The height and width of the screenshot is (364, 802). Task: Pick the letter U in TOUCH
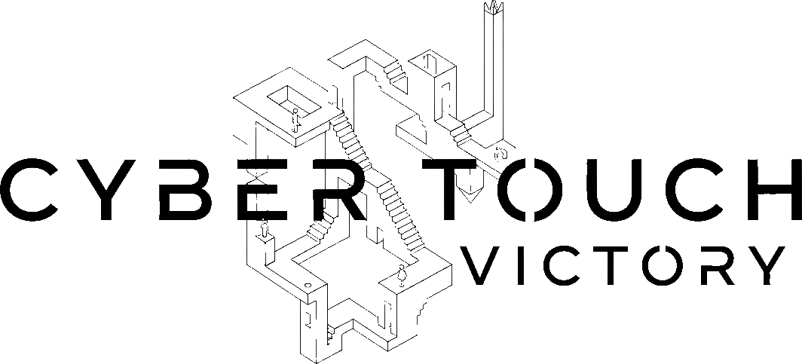pyautogui.click(x=609, y=190)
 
